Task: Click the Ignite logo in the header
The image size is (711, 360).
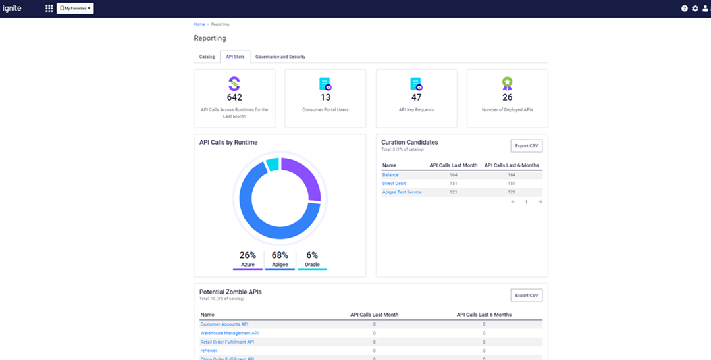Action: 12,9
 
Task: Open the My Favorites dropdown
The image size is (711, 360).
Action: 75,9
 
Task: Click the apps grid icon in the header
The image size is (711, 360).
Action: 49,9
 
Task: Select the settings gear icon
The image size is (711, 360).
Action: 695,9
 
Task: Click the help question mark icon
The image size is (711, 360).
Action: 685,9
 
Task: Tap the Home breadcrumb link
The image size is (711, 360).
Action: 199,24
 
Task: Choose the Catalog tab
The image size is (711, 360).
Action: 207,57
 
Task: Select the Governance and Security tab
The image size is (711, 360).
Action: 280,57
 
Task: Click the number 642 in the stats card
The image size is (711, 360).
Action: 234,97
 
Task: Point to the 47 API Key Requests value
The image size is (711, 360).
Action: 416,97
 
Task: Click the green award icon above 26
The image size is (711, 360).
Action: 507,84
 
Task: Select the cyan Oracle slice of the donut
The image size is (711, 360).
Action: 273,165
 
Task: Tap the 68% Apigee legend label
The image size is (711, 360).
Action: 280,255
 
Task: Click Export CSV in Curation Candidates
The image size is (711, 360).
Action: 526,145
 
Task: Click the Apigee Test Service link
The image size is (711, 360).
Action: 402,192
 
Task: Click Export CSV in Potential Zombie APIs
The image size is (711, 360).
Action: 526,296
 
